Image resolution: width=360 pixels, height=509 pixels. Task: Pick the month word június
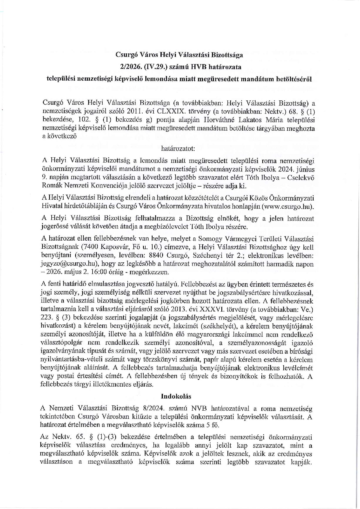click(x=304, y=169)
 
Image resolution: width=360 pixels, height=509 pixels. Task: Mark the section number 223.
click(x=48, y=318)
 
